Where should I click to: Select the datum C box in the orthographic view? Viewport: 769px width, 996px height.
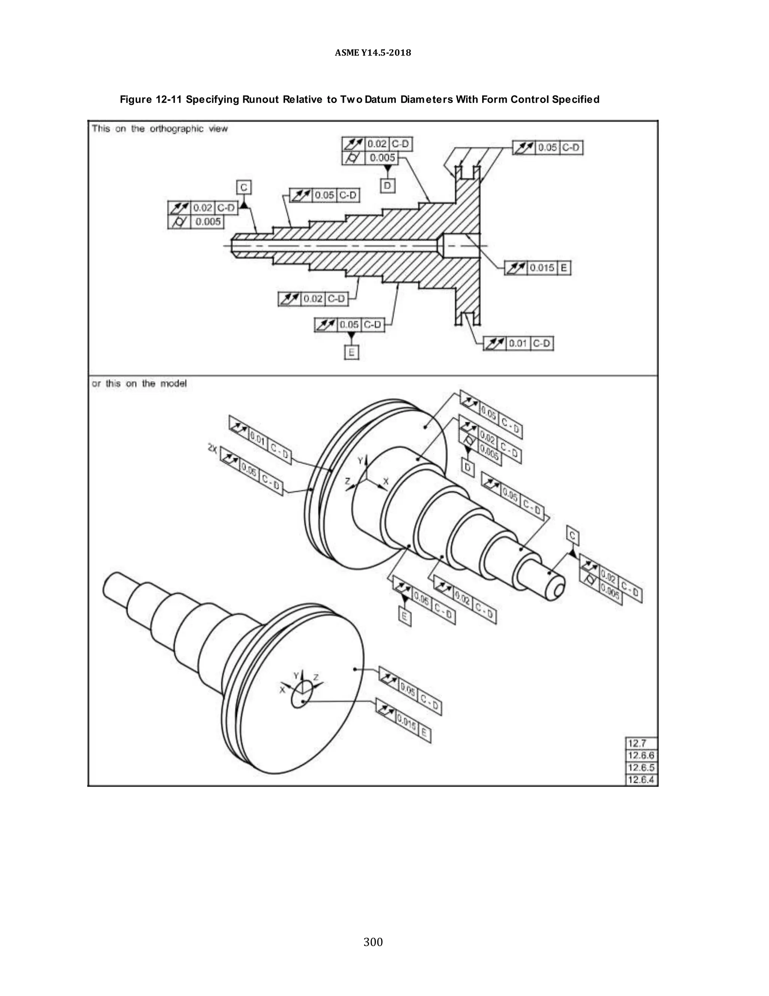pos(244,188)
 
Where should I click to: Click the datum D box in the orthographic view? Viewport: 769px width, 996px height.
pos(387,186)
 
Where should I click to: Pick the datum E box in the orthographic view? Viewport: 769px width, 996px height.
pos(351,353)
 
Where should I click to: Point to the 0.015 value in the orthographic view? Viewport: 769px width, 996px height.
pos(542,268)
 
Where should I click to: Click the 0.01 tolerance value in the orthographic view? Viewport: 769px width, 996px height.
pos(518,344)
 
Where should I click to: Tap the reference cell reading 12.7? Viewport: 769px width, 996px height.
pos(637,743)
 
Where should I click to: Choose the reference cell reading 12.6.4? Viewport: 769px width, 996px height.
pos(641,780)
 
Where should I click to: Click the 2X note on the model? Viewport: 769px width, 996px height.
pos(212,448)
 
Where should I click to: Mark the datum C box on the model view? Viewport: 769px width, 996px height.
pos(573,535)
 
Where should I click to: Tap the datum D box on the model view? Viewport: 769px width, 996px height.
pos(467,467)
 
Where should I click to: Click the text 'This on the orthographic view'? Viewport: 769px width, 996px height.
pos(160,129)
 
